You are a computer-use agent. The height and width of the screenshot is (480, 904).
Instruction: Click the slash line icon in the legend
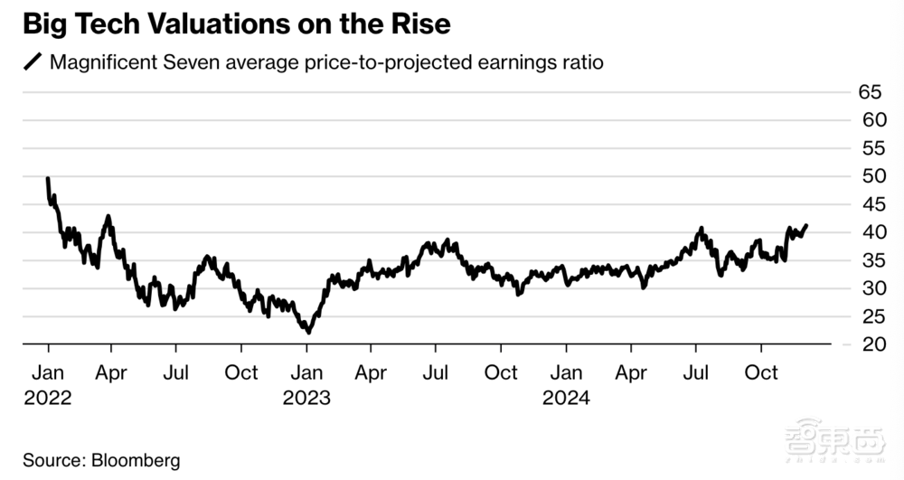[x=32, y=63]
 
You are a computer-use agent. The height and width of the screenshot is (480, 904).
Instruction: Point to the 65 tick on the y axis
[x=869, y=92]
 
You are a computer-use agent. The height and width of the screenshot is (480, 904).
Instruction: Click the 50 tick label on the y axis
[x=869, y=176]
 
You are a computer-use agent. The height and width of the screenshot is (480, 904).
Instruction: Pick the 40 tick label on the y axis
[x=869, y=232]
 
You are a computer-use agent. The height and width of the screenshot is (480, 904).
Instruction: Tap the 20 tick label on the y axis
[x=869, y=344]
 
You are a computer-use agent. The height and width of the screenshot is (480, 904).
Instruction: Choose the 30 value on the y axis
[x=869, y=288]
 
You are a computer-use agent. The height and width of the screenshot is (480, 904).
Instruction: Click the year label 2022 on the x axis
[x=48, y=398]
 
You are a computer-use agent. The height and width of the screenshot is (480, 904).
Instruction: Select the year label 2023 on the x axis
[x=306, y=398]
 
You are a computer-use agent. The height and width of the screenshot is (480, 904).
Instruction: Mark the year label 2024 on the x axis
[x=566, y=398]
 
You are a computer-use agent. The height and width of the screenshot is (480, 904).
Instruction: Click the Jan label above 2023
[x=306, y=373]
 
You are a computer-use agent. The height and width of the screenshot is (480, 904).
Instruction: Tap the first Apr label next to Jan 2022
[x=111, y=373]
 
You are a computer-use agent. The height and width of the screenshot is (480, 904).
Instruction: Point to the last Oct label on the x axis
[x=761, y=373]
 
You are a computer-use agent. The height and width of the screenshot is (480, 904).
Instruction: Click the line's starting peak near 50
[x=47, y=179]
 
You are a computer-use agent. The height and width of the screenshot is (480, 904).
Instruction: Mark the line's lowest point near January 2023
[x=309, y=333]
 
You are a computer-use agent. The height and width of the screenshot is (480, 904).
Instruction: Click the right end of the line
[x=806, y=225]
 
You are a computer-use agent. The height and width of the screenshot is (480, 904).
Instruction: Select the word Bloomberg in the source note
[x=135, y=460]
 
